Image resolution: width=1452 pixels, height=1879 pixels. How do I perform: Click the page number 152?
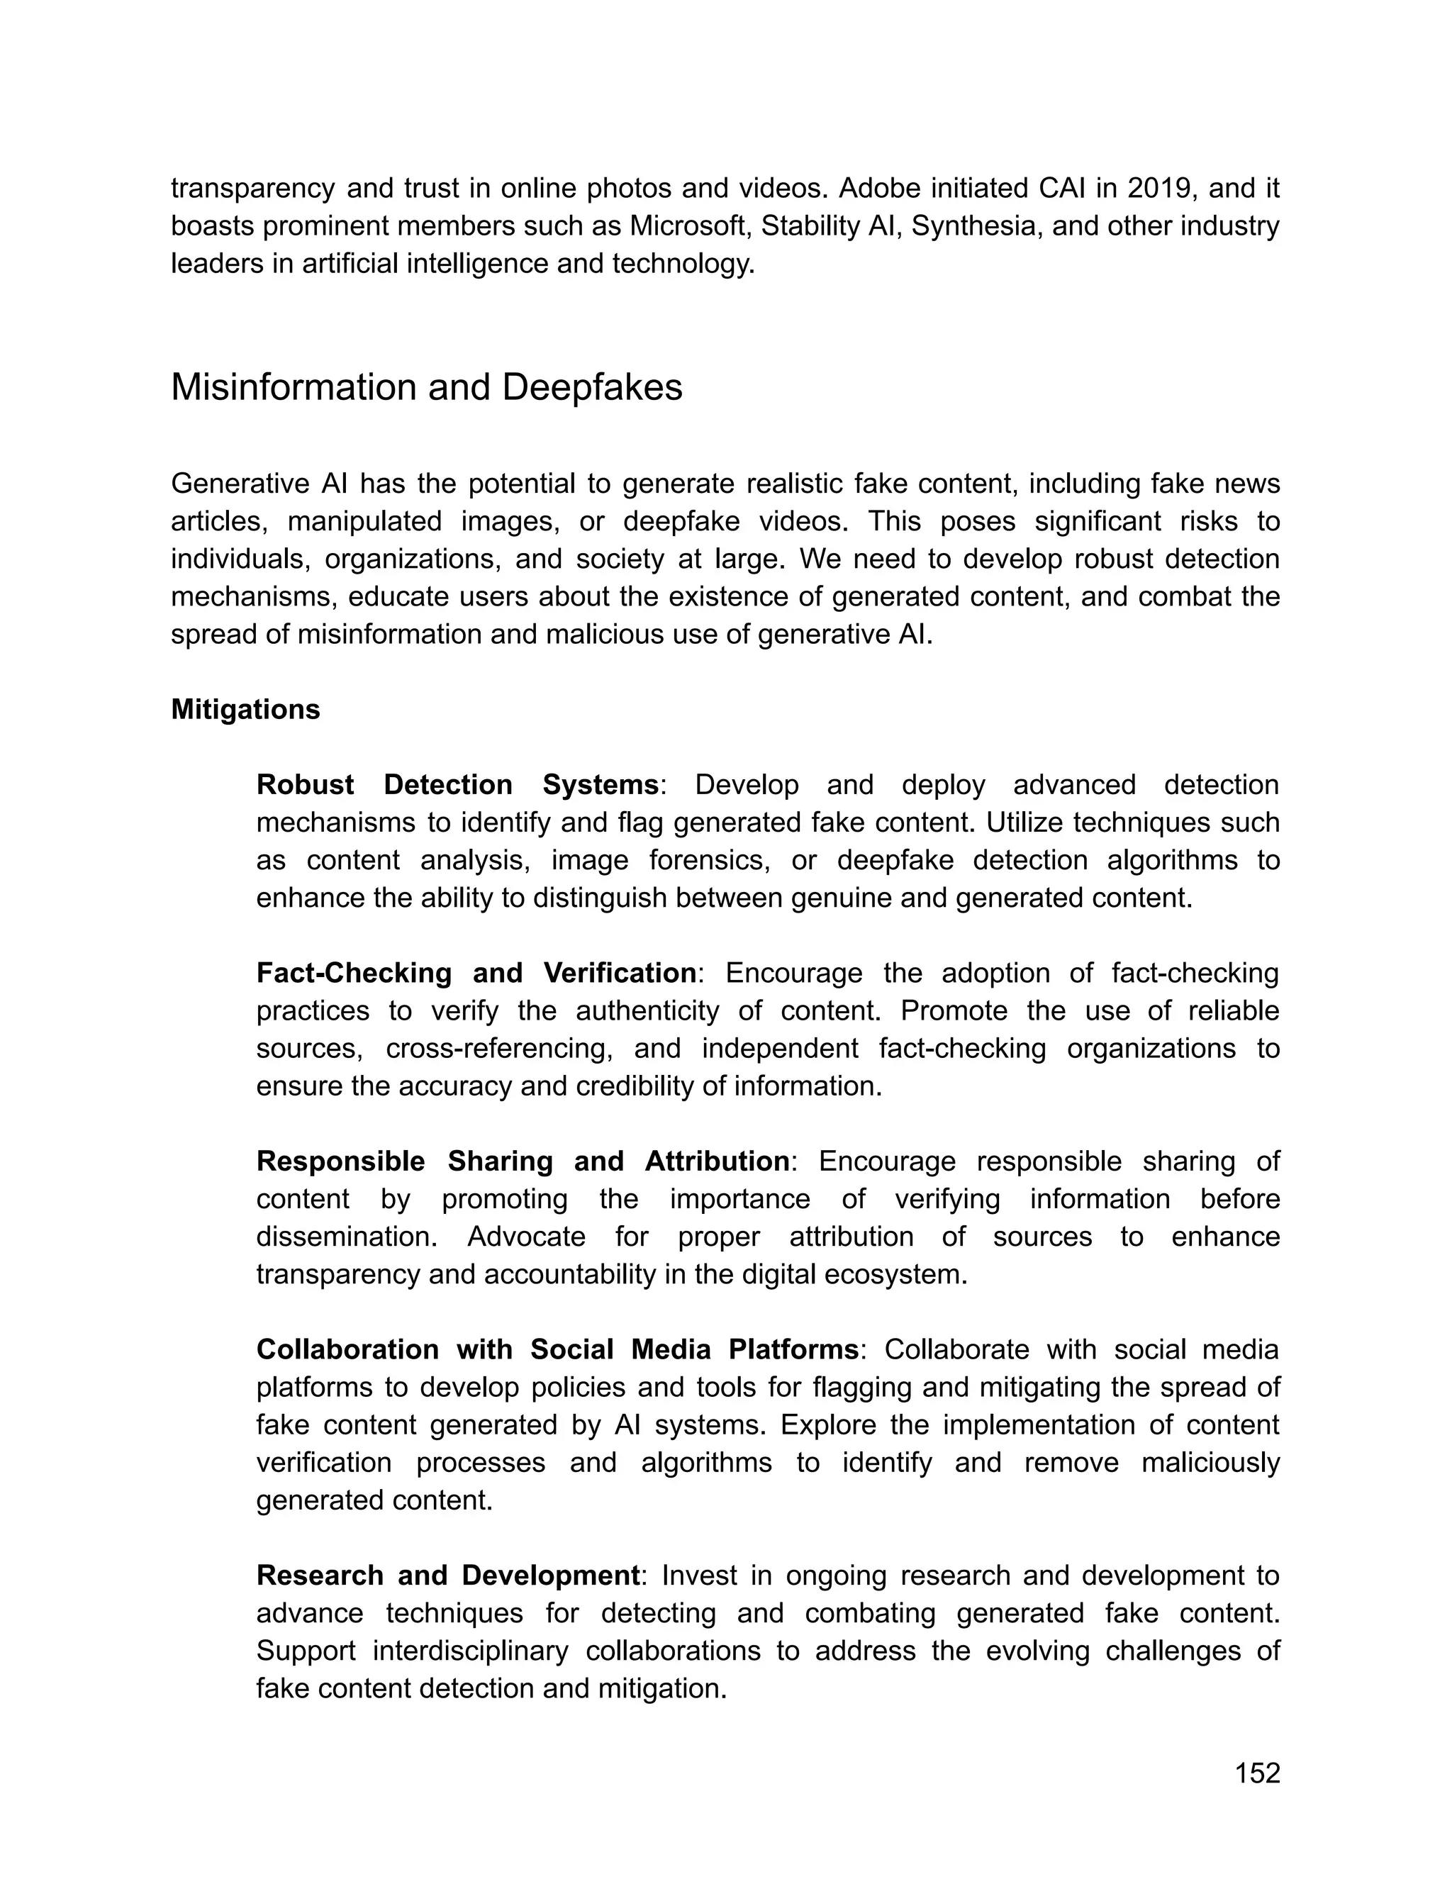pyautogui.click(x=1257, y=1774)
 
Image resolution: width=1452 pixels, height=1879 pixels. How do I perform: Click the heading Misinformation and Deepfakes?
pyautogui.click(x=427, y=388)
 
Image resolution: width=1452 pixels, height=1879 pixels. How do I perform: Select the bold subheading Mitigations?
pyautogui.click(x=245, y=710)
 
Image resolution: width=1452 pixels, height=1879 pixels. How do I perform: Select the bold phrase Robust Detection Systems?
pyautogui.click(x=457, y=785)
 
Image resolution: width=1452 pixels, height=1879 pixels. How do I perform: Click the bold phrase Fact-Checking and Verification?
pyautogui.click(x=476, y=973)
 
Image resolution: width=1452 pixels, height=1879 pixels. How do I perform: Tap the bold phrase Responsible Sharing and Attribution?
pyautogui.click(x=523, y=1161)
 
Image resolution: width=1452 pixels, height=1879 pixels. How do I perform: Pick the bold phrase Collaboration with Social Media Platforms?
pyautogui.click(x=557, y=1350)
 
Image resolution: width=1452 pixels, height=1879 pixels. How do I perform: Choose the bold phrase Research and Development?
pyautogui.click(x=447, y=1576)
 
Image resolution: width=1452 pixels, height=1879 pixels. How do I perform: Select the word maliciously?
pyautogui.click(x=1210, y=1463)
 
